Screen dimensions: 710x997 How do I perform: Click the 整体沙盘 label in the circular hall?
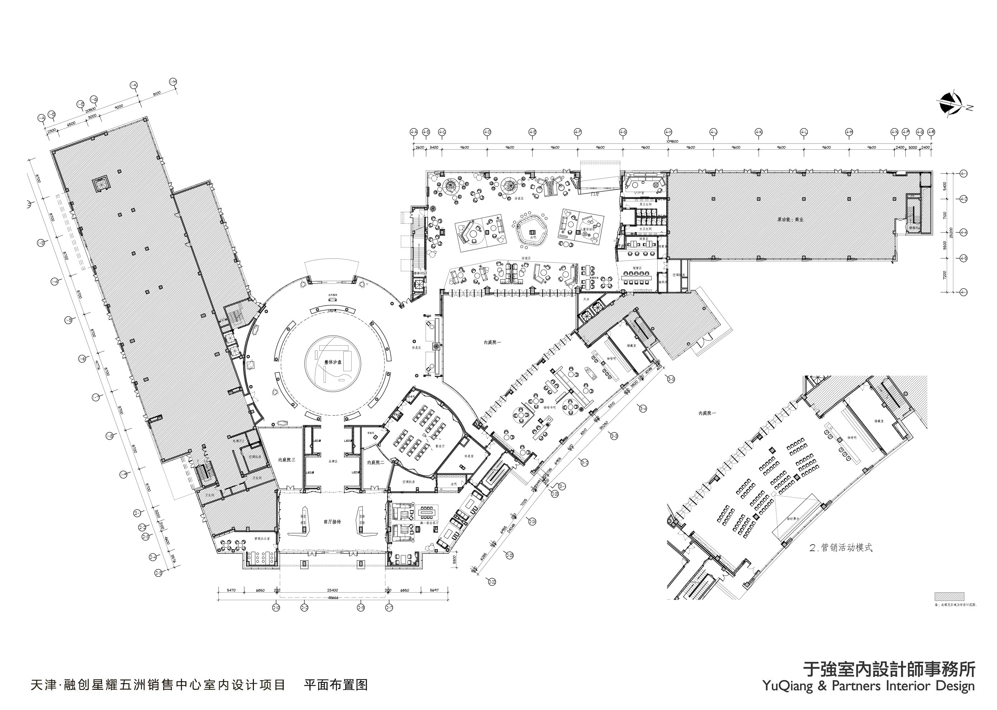pyautogui.click(x=333, y=362)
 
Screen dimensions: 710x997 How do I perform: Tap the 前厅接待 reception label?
pyautogui.click(x=332, y=522)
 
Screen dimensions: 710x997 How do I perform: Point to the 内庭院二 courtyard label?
pyautogui.click(x=375, y=462)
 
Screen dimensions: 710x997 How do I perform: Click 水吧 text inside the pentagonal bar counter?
pyautogui.click(x=532, y=237)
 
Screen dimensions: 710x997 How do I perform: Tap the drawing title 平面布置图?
pyautogui.click(x=335, y=685)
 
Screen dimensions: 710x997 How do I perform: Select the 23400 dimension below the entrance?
pyautogui.click(x=333, y=590)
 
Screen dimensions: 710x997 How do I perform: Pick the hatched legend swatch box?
pyautogui.click(x=949, y=596)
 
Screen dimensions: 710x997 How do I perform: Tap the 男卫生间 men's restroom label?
pyautogui.click(x=646, y=204)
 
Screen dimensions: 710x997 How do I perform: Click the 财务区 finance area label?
pyautogui.click(x=644, y=239)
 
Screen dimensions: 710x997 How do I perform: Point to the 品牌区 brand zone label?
pyautogui.click(x=333, y=461)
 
